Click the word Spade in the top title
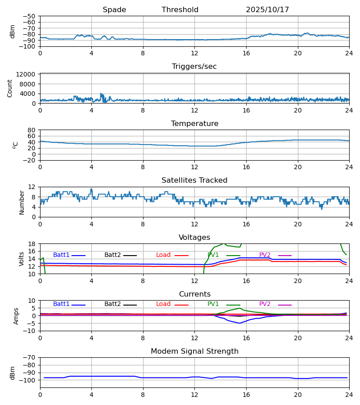click(x=114, y=10)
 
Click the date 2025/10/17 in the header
click(x=267, y=10)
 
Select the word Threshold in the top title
click(x=180, y=10)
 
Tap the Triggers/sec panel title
click(x=194, y=67)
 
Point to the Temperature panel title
click(x=194, y=124)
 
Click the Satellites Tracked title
click(x=194, y=180)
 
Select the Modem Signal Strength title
click(x=194, y=351)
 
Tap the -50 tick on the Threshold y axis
click(x=30, y=16)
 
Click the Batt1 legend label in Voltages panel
click(x=61, y=255)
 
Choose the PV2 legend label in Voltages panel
click(x=265, y=255)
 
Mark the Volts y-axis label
click(x=22, y=259)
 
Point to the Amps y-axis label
click(x=17, y=316)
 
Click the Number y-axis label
click(x=22, y=202)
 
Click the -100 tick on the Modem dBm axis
click(x=28, y=380)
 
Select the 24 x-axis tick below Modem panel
click(x=349, y=394)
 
